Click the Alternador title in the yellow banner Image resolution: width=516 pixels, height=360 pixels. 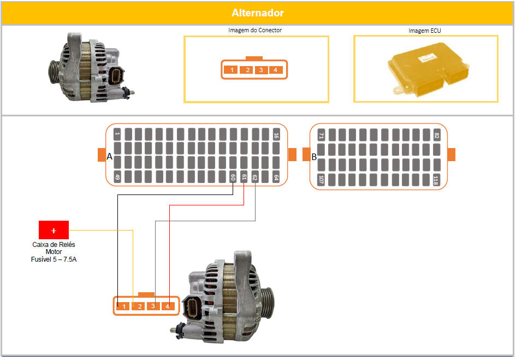coord(258,13)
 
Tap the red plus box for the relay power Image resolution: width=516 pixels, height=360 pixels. coord(54,230)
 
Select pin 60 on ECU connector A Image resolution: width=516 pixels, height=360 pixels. coord(233,177)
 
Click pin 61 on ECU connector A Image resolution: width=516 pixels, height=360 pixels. coord(244,177)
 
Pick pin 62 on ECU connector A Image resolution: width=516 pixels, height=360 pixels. coord(254,177)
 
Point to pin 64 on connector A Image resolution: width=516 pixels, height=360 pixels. coord(276,177)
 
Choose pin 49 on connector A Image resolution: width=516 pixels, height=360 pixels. coord(117,177)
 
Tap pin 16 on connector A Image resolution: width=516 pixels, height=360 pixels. coord(276,134)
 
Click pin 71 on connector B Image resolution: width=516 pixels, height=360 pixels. coord(321,135)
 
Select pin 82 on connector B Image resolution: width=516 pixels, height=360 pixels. coord(437,135)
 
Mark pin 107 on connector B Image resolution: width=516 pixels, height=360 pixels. coord(321,180)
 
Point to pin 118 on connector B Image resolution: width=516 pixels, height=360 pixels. coord(437,180)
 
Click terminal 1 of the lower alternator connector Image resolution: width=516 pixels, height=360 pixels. coord(123,306)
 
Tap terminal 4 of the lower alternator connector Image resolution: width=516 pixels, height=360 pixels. coord(168,306)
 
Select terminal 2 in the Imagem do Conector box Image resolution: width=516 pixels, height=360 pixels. coord(247,70)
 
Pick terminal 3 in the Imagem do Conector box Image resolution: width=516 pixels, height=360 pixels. coord(261,70)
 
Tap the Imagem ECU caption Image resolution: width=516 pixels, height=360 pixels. coord(424,31)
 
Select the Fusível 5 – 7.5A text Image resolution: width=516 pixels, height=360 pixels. coord(54,259)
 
